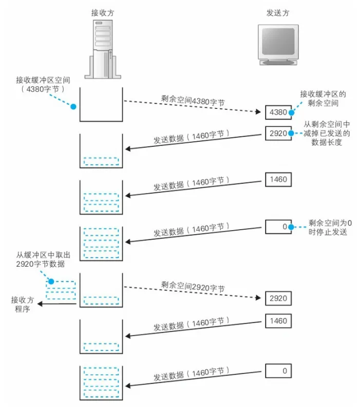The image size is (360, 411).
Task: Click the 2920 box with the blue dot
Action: [x=278, y=133]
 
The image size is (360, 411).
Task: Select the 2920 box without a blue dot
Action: [x=278, y=298]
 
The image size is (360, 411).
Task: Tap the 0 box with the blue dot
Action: [x=278, y=226]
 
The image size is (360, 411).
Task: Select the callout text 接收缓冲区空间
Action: [x=40, y=84]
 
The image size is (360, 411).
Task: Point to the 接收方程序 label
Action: [x=22, y=304]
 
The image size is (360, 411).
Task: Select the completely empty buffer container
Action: [x=101, y=104]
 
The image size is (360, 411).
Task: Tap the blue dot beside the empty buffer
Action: [x=73, y=107]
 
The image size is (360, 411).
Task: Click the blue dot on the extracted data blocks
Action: [x=51, y=282]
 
